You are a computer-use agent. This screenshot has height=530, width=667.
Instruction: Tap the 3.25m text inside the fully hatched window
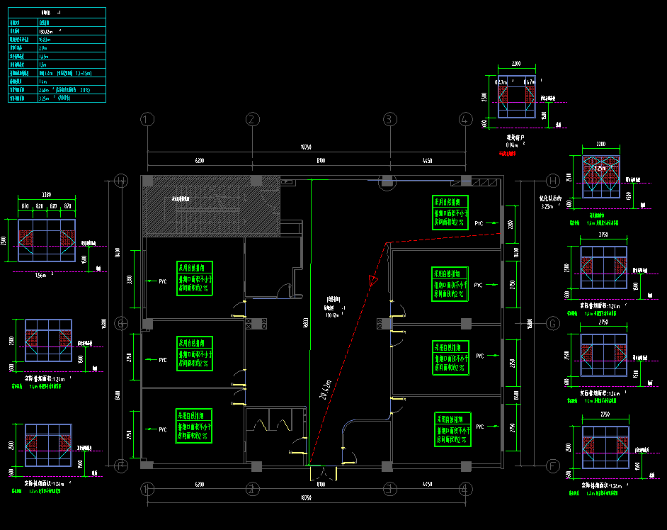point(600,169)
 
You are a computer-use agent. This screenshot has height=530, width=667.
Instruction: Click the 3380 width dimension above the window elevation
point(46,194)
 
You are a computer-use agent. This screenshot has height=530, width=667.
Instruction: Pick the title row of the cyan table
point(57,13)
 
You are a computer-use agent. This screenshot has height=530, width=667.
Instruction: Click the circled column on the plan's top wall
point(387,181)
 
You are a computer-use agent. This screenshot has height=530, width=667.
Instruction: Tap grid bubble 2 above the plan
point(253,119)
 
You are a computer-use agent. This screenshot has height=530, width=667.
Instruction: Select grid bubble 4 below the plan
point(465,488)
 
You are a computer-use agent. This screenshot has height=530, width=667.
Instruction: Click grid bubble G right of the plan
point(552,324)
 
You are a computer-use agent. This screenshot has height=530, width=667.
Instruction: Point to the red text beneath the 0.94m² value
point(508,152)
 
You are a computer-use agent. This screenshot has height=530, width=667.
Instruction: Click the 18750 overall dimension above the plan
point(306,148)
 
